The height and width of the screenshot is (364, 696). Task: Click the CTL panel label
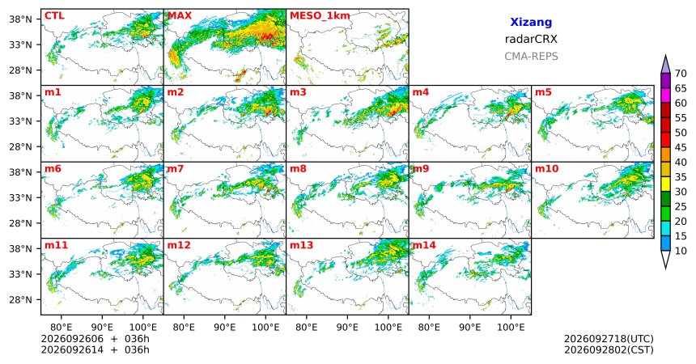(x=54, y=16)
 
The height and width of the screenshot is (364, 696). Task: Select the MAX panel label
(x=180, y=16)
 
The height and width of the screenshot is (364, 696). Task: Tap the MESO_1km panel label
(x=320, y=16)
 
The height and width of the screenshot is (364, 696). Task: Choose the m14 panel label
(x=424, y=245)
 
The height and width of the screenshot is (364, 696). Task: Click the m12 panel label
(x=178, y=245)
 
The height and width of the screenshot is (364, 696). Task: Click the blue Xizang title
(x=531, y=22)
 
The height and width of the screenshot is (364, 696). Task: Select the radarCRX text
(x=531, y=39)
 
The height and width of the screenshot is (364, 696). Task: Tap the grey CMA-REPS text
(x=531, y=57)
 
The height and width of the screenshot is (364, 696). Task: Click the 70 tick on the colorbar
(x=681, y=74)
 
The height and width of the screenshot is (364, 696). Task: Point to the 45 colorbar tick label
(x=681, y=147)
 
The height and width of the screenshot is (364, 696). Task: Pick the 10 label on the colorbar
(x=681, y=251)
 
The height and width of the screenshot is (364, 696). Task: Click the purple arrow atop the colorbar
(x=665, y=64)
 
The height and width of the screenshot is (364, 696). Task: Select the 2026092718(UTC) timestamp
(x=609, y=339)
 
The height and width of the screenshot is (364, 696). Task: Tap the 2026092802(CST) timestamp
(x=609, y=349)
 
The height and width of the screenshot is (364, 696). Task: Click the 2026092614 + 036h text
(x=95, y=349)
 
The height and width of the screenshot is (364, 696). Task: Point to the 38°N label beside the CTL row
(x=20, y=19)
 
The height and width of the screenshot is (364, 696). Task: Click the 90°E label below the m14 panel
(x=470, y=328)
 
